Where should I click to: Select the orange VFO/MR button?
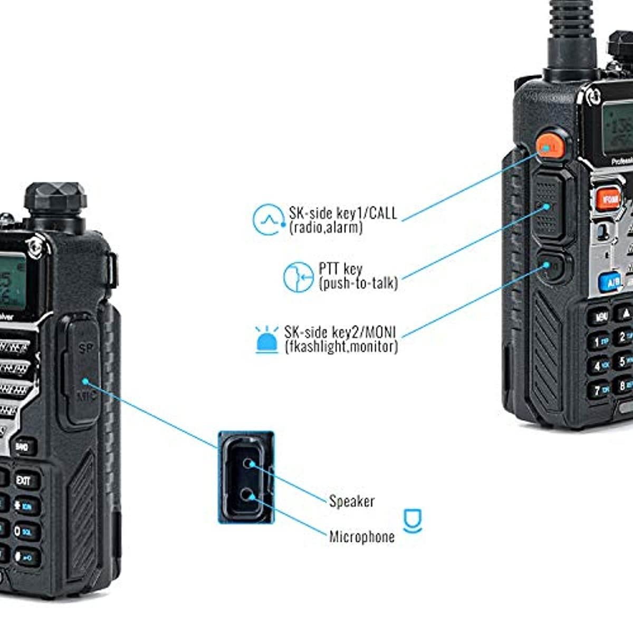(608, 198)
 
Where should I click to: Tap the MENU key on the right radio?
(601, 317)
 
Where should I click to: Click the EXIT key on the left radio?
(24, 481)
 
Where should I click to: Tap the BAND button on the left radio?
(22, 447)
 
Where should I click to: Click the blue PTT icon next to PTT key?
(299, 276)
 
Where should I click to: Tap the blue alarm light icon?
(267, 339)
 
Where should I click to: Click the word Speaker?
(352, 501)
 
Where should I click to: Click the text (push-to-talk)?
(358, 284)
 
